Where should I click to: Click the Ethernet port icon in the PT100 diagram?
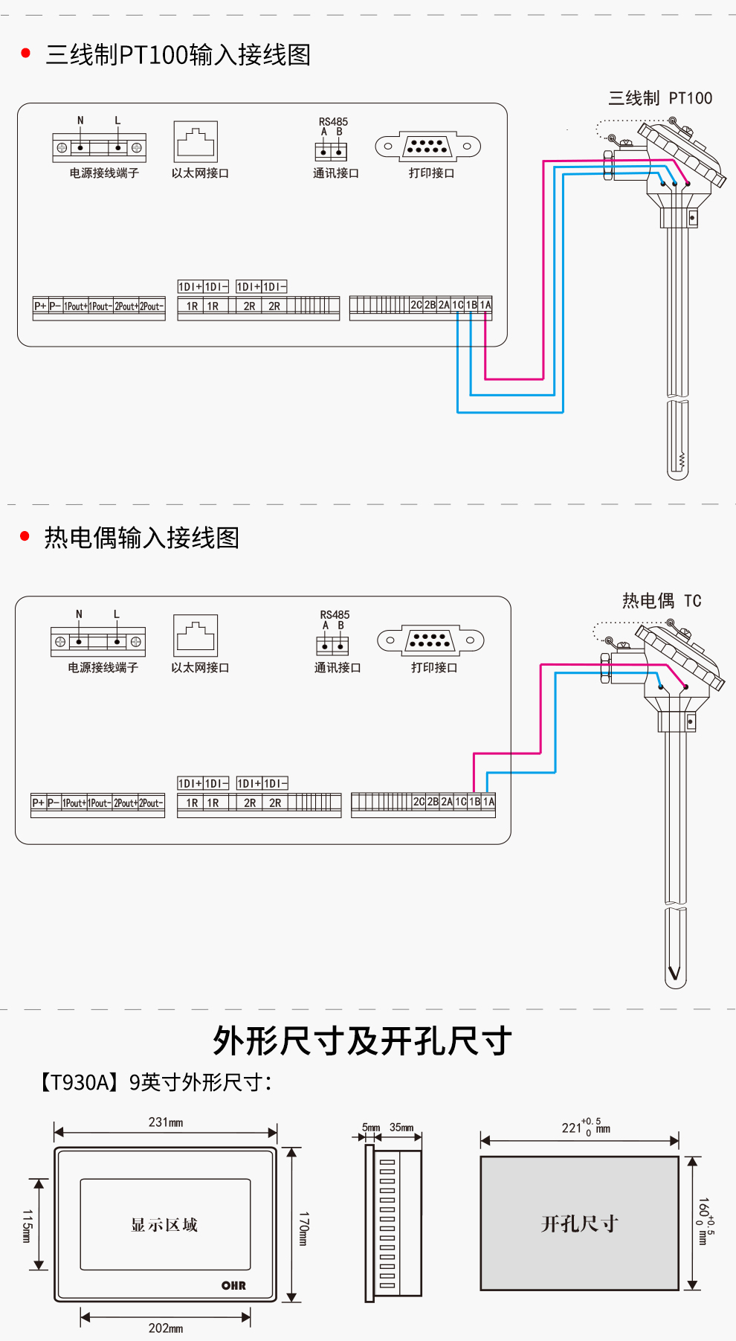(x=196, y=141)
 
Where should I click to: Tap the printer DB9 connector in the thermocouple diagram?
(x=430, y=640)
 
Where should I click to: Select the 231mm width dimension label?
(x=165, y=1122)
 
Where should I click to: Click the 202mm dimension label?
(x=165, y=1328)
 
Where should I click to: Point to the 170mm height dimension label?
(x=303, y=1228)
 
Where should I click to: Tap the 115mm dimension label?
(x=27, y=1225)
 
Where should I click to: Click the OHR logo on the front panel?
(x=233, y=1285)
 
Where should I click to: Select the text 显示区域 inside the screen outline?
(x=164, y=1225)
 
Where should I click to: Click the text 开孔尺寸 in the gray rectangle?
(x=579, y=1223)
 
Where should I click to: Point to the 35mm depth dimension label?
(x=401, y=1128)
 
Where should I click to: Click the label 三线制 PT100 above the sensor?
(x=659, y=98)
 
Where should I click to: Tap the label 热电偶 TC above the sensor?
(x=661, y=600)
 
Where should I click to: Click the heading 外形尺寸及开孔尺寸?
(x=362, y=1041)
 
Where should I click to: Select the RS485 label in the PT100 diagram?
(x=333, y=121)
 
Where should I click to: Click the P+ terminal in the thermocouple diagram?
(x=38, y=803)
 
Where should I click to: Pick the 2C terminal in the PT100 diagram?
(x=416, y=305)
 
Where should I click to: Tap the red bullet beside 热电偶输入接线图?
(x=25, y=536)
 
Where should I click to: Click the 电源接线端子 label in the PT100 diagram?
(x=104, y=173)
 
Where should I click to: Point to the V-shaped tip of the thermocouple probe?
(x=674, y=972)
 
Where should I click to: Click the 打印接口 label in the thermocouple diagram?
(x=434, y=667)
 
